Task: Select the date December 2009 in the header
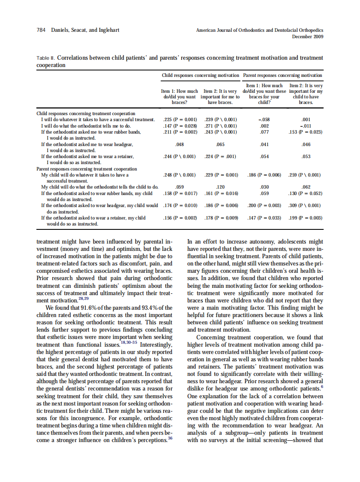(308, 37)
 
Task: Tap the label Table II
(46, 58)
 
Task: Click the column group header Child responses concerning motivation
(201, 75)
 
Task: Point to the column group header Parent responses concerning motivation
(283, 75)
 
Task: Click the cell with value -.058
(264, 119)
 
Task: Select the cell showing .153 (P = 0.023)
(305, 132)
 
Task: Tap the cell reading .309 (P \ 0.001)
(305, 206)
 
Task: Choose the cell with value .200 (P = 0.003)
(264, 206)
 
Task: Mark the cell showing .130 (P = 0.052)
(305, 193)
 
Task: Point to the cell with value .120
(220, 187)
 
